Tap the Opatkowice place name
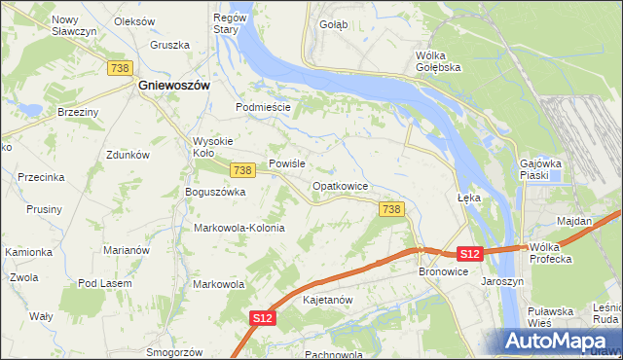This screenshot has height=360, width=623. coord(339,185)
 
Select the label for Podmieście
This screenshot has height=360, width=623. coord(264,107)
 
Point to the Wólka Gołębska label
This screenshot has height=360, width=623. coord(437,61)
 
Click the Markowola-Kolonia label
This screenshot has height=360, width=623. coord(239,228)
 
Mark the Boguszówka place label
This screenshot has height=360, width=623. coord(215,192)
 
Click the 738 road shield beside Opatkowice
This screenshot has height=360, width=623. coord(390,209)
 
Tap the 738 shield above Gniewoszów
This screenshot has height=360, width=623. coord(121,66)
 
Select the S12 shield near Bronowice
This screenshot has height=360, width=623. coord(470,254)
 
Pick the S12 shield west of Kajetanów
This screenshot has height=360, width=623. coord(261,318)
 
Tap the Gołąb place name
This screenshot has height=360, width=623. coord(333,24)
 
